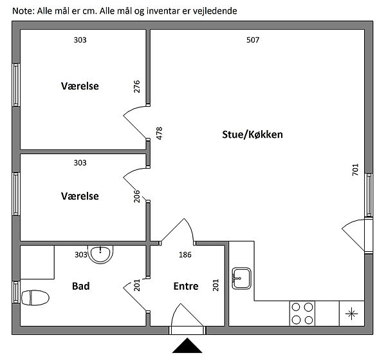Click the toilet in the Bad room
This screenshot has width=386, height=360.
35,298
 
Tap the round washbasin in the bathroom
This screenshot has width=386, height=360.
100,254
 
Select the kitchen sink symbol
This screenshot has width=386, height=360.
241,278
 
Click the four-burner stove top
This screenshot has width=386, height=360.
302,314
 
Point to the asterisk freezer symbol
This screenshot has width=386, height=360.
351,314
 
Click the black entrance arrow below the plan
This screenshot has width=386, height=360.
187,345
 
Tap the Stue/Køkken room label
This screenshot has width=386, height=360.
252,135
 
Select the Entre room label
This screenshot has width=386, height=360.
186,286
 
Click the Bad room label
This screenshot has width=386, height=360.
81,286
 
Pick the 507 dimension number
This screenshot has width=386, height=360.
253,40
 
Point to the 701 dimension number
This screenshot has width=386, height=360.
355,169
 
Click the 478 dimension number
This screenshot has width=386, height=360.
160,133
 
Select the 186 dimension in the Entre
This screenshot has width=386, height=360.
185,254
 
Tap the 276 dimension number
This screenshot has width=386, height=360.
136,86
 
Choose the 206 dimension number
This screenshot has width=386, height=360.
136,196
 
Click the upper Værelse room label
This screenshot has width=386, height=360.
80,86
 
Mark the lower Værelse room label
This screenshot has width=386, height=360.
80,196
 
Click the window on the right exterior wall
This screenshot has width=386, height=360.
369,195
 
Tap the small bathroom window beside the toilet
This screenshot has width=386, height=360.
16,292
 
